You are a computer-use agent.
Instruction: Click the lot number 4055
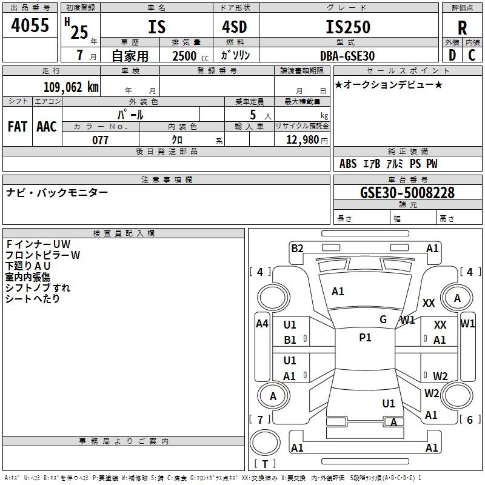(30, 25)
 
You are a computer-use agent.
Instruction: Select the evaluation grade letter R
(462, 28)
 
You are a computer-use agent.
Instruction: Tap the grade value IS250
(348, 27)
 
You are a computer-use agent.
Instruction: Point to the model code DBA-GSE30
(347, 56)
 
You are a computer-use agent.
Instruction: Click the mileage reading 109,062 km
(71, 87)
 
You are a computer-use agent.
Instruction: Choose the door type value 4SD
(235, 27)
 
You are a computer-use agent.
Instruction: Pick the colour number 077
(100, 140)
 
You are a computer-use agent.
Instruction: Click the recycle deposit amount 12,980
(303, 140)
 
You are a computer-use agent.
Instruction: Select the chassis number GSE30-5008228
(407, 193)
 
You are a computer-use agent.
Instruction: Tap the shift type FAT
(18, 127)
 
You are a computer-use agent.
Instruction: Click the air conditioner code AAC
(47, 127)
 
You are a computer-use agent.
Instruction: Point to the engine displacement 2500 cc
(190, 56)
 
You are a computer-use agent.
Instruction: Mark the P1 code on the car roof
(365, 338)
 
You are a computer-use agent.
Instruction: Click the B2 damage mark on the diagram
(297, 249)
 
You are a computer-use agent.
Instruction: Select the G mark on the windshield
(383, 319)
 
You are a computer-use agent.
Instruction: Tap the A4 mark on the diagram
(262, 324)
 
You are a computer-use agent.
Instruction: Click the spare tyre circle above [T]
(265, 442)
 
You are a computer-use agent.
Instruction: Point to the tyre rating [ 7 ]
(260, 420)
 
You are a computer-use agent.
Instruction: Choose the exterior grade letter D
(452, 55)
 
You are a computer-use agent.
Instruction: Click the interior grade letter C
(472, 55)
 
